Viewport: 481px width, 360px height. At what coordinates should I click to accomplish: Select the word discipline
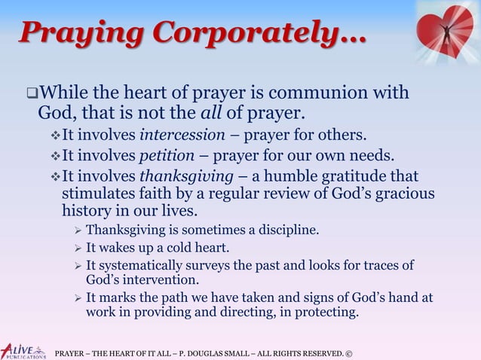pyautogui.click(x=284, y=229)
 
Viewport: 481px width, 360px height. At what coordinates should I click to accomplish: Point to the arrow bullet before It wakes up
pyautogui.click(x=75, y=248)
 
